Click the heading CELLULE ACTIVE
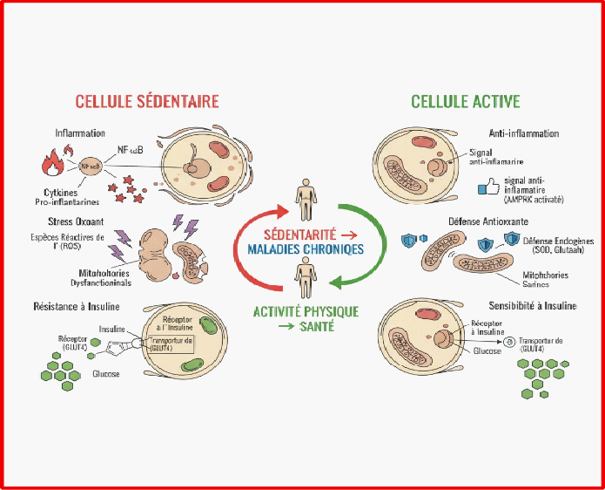coord(466,101)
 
